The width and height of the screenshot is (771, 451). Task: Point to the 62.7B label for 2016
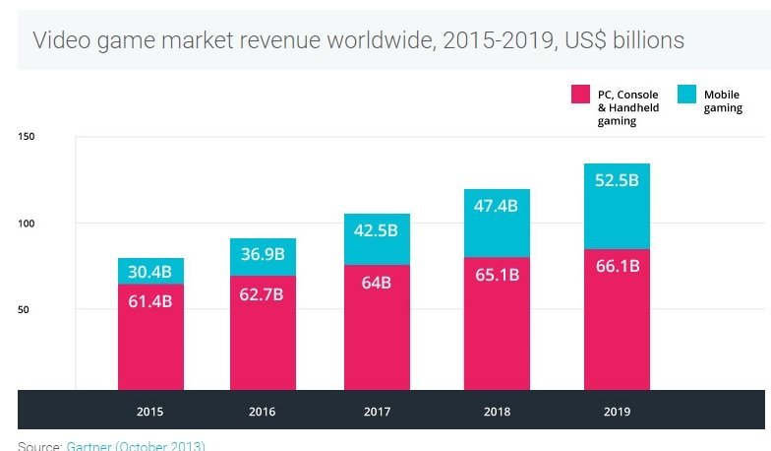(263, 293)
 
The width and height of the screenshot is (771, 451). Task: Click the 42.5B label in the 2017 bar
(376, 231)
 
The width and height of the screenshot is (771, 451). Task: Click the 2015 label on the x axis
(150, 412)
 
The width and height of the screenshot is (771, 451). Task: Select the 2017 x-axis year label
(376, 412)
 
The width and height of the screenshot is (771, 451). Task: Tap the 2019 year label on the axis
(617, 412)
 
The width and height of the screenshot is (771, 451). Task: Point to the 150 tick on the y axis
(27, 136)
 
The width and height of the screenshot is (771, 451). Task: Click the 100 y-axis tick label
(27, 224)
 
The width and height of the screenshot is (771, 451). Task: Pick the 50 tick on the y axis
(25, 310)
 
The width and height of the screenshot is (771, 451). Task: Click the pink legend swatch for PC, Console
(580, 95)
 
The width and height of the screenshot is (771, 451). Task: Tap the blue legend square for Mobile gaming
(685, 95)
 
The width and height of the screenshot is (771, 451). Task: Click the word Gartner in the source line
(89, 446)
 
